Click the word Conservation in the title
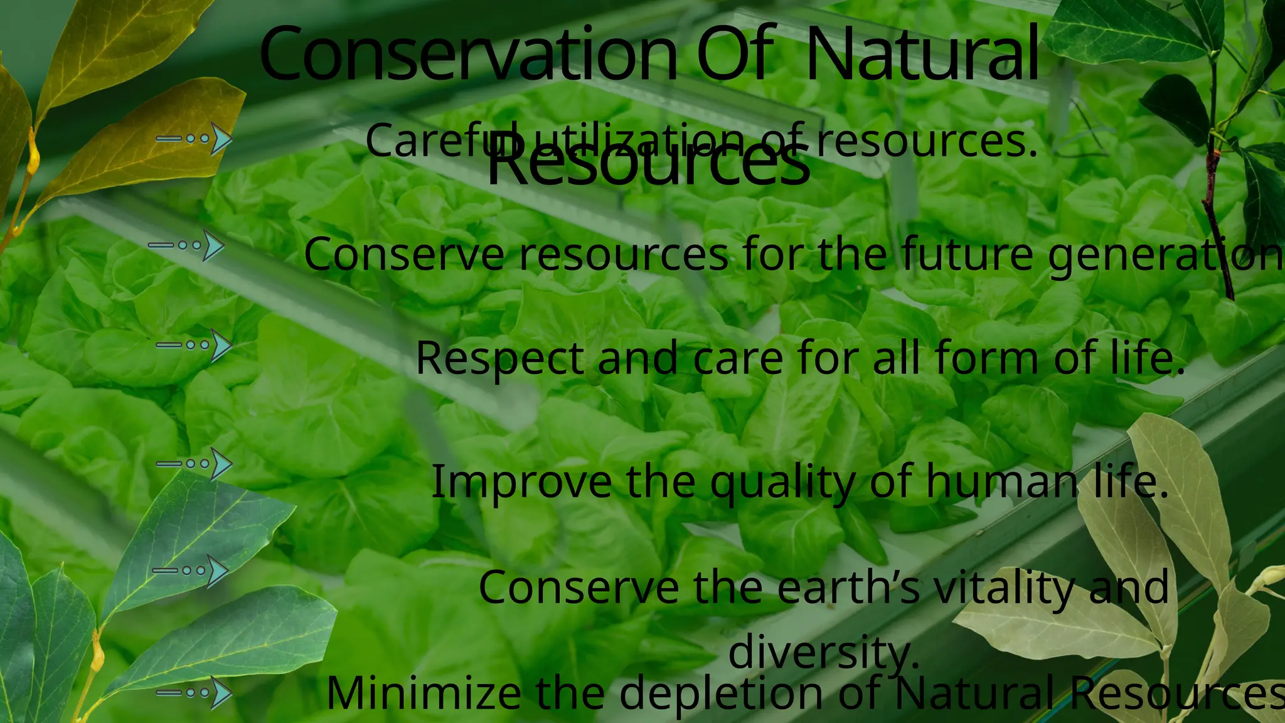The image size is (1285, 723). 467,55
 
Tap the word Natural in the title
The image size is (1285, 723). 922,55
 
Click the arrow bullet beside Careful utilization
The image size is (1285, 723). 195,139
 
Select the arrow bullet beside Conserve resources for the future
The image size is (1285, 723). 187,245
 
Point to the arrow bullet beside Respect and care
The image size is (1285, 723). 195,345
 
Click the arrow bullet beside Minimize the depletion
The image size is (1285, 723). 195,693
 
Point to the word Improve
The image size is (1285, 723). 521,482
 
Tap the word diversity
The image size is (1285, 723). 823,653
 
